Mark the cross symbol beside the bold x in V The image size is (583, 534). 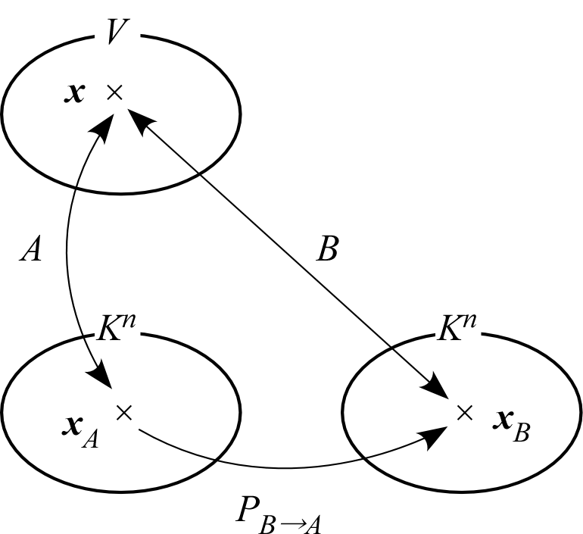click(x=114, y=92)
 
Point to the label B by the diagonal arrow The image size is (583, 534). click(x=327, y=249)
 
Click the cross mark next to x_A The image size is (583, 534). click(x=124, y=412)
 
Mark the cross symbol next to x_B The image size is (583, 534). click(x=465, y=412)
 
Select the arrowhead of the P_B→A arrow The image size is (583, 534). click(x=435, y=435)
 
